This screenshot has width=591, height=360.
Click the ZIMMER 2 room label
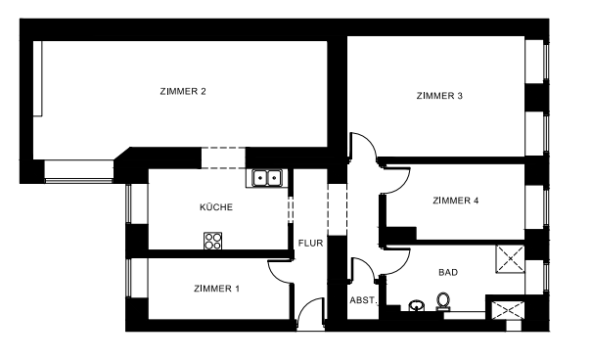pyautogui.click(x=182, y=92)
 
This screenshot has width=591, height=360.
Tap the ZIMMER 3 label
pyautogui.click(x=439, y=96)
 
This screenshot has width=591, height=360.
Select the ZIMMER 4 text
pyautogui.click(x=455, y=202)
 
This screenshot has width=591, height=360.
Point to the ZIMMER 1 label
pyautogui.click(x=216, y=289)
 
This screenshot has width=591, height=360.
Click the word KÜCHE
pyautogui.click(x=215, y=207)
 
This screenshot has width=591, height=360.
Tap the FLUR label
pyautogui.click(x=310, y=244)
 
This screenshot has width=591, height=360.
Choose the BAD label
pyautogui.click(x=448, y=273)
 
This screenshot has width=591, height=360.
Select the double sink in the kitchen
pyautogui.click(x=267, y=178)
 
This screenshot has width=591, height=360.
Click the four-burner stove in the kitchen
pyautogui.click(x=213, y=241)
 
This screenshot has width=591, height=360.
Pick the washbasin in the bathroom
pyautogui.click(x=418, y=305)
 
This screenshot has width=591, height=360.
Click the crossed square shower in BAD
pyautogui.click(x=511, y=258)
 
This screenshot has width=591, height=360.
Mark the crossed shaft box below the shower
pyautogui.click(x=507, y=310)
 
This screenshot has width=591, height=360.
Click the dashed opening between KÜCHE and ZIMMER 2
pyautogui.click(x=222, y=157)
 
